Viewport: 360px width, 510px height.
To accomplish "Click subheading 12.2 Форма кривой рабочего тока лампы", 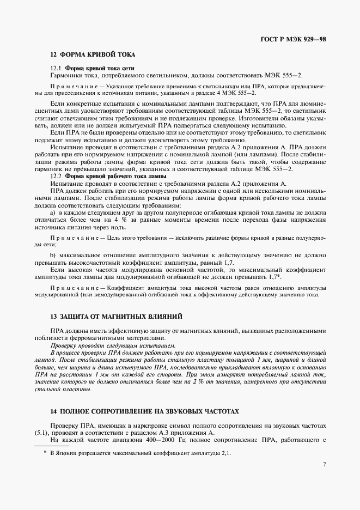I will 108,177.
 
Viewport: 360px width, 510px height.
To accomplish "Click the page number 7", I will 324,465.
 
